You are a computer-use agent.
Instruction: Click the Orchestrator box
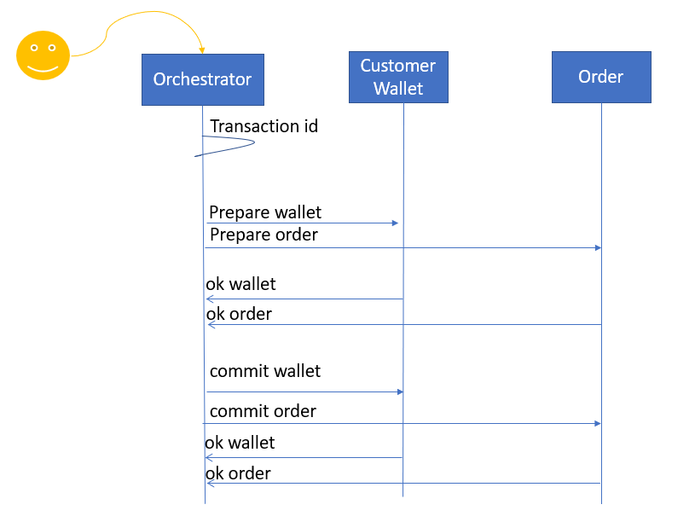pyautogui.click(x=203, y=80)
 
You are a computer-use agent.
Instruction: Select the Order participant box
pyautogui.click(x=601, y=77)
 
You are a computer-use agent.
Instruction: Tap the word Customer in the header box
pyautogui.click(x=397, y=66)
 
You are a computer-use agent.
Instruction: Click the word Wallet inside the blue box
pyautogui.click(x=398, y=88)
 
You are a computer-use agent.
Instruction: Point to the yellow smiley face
pyautogui.click(x=43, y=55)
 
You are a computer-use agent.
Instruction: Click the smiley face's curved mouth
pyautogui.click(x=43, y=69)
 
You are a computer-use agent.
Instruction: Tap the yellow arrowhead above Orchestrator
pyautogui.click(x=202, y=50)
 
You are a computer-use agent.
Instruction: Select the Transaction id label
pyautogui.click(x=264, y=126)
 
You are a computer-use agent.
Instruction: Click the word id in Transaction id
pyautogui.click(x=310, y=126)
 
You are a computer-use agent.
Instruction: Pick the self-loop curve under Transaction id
pyautogui.click(x=254, y=142)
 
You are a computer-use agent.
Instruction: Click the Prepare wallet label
pyautogui.click(x=265, y=212)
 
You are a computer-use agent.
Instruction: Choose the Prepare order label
pyautogui.click(x=264, y=235)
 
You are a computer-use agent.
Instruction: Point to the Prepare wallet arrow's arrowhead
pyautogui.click(x=396, y=223)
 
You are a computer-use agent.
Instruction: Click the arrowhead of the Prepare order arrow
pyautogui.click(x=599, y=248)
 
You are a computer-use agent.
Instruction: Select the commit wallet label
pyautogui.click(x=265, y=371)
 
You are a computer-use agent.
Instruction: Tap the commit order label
pyautogui.click(x=263, y=411)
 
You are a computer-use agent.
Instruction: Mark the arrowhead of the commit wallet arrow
pyautogui.click(x=400, y=392)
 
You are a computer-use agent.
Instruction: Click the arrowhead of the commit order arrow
pyautogui.click(x=598, y=424)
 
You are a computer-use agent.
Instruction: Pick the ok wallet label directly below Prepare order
pyautogui.click(x=240, y=284)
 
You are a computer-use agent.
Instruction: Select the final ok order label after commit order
pyautogui.click(x=238, y=473)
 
